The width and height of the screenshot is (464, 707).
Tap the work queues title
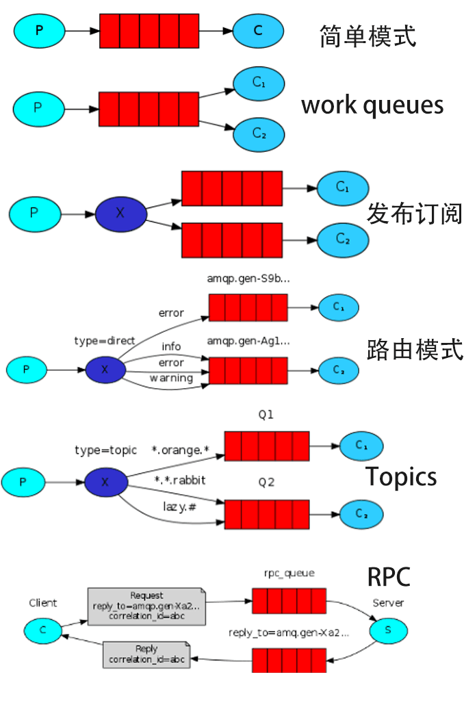click(372, 105)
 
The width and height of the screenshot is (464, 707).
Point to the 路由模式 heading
click(415, 350)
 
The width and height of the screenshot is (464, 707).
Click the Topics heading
click(401, 476)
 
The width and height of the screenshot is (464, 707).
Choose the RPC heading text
click(389, 577)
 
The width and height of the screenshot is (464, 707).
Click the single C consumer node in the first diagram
click(258, 31)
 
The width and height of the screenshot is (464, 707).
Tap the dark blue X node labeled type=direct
click(105, 370)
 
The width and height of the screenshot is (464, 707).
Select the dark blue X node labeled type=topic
click(105, 482)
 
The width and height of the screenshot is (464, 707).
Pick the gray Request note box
click(146, 606)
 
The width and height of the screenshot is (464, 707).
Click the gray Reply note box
click(146, 654)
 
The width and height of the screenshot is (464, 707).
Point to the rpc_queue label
click(289, 574)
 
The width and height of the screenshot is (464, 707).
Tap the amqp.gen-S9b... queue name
click(248, 279)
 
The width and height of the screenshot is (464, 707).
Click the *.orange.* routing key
click(180, 450)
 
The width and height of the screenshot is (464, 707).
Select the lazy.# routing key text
click(180, 506)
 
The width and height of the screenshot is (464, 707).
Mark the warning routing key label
click(171, 378)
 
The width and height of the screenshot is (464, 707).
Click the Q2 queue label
click(266, 483)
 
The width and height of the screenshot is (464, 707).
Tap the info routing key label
click(171, 347)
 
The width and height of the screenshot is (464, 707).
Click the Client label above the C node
click(43, 603)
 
